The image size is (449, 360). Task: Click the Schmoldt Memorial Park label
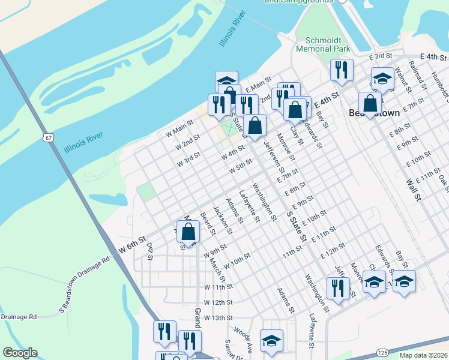coord(324,43)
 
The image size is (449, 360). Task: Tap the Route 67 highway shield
coord(48,137)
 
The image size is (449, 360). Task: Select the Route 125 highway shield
coord(382,352)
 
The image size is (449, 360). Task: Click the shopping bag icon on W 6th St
coord(188,233)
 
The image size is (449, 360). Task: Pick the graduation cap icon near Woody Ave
coord(271,340)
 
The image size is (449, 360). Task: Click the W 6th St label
coord(133,245)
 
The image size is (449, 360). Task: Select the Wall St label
coord(411,188)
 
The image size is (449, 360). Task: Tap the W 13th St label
coord(217,317)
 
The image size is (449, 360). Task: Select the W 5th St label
coord(241,166)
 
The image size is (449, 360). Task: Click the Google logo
coord(20,353)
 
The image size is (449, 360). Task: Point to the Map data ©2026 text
coord(423,355)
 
